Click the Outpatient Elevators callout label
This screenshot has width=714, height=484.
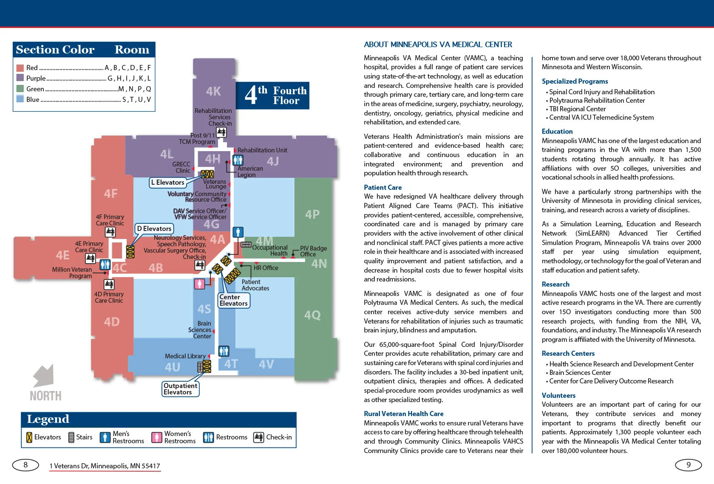tap(180, 389)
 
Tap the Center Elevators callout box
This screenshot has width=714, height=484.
tap(233, 300)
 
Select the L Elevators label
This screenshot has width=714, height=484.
tap(167, 183)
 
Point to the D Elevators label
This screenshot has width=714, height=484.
tap(154, 229)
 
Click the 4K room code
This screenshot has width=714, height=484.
tap(213, 91)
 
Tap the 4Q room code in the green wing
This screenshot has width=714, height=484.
tap(312, 315)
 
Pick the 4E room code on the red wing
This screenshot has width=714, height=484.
tap(63, 255)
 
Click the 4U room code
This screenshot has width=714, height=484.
tap(173, 367)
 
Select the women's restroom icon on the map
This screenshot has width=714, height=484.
tap(199, 284)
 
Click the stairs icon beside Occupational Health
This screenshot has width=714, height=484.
tap(246, 245)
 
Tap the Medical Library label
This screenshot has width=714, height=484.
tap(185, 356)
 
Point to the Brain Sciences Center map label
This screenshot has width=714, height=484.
tap(200, 330)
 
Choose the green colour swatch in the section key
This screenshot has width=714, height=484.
tap(20, 89)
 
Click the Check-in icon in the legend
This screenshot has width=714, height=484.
tap(258, 437)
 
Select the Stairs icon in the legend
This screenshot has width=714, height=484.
tap(71, 437)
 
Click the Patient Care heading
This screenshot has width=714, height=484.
tap(382, 187)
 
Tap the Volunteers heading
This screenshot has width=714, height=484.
tap(558, 395)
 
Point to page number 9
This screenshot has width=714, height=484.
tap(688, 465)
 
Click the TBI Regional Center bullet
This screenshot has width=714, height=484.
tap(577, 109)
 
